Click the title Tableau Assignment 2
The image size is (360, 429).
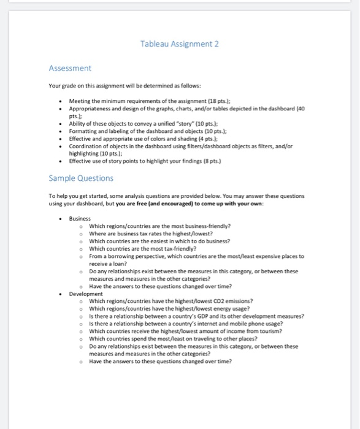180,44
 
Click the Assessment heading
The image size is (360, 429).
70,68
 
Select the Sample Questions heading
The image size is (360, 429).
81,178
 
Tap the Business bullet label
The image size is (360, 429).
80,218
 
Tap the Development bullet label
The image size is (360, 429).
86,294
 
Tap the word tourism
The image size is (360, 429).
269,331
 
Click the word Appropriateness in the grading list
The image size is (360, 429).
92,107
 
